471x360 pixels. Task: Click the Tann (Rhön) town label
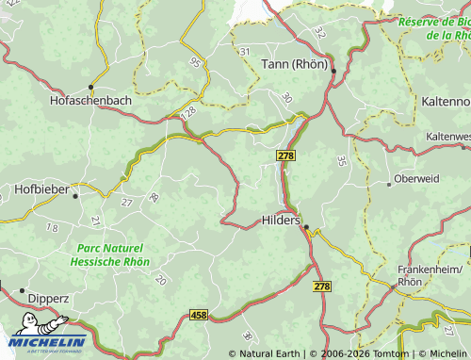tap(293, 65)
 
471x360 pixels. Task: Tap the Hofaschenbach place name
tap(92, 99)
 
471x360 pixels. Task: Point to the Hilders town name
tap(279, 219)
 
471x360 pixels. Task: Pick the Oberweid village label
tap(416, 178)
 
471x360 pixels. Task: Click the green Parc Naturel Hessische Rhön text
tap(109, 254)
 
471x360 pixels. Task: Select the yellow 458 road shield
tap(198, 314)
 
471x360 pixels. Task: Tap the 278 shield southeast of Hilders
tap(322, 286)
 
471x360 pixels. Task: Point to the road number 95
tap(195, 63)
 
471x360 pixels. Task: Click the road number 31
tap(245, 51)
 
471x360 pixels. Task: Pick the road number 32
tap(319, 32)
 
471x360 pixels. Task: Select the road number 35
tap(341, 161)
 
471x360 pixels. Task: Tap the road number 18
tap(52, 228)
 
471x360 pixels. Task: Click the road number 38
tap(247, 336)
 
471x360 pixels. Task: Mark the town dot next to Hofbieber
tap(75, 195)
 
